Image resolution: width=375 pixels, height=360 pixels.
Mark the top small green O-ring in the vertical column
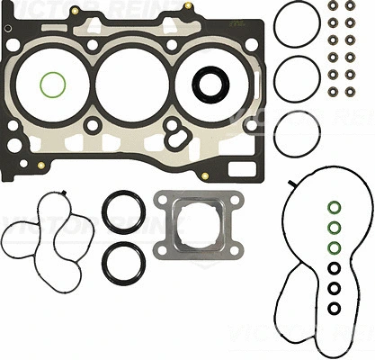[334, 206]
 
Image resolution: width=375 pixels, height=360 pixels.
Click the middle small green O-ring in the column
[334, 227]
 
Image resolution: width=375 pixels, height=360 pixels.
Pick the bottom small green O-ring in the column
[334, 247]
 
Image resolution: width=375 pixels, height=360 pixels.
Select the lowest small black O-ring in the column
[334, 309]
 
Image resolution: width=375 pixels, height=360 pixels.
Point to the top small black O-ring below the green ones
[334, 268]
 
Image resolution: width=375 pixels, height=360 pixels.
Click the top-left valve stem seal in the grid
[334, 6]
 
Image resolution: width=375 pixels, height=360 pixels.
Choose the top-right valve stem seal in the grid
[351, 6]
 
